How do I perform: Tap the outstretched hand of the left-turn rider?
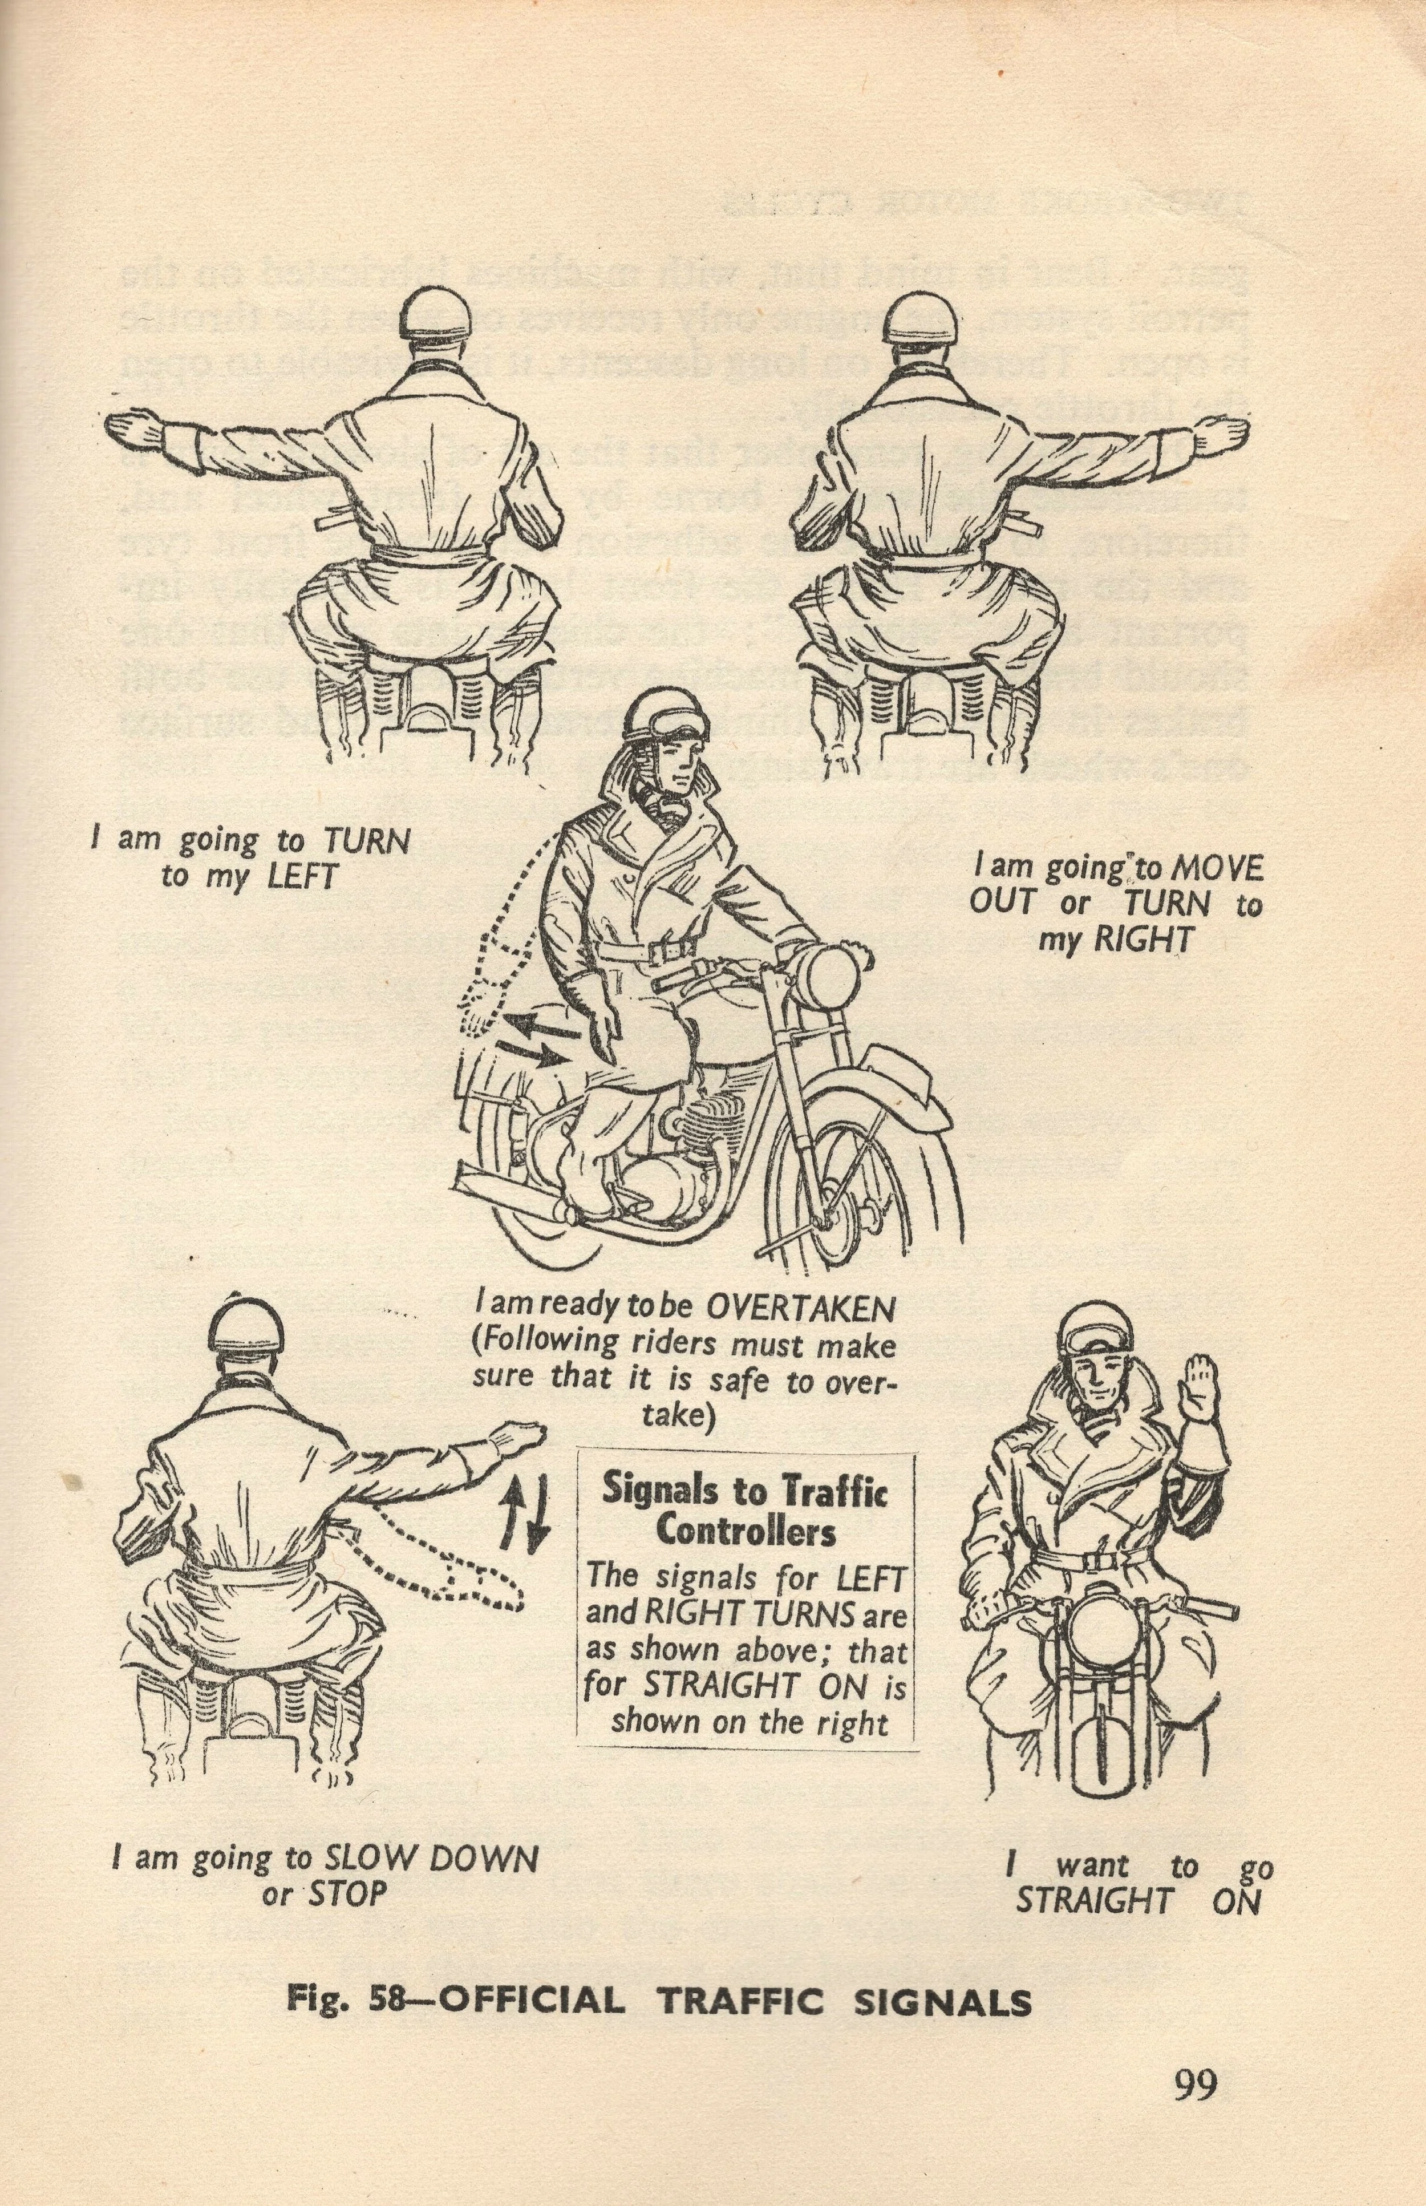click(x=137, y=432)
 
